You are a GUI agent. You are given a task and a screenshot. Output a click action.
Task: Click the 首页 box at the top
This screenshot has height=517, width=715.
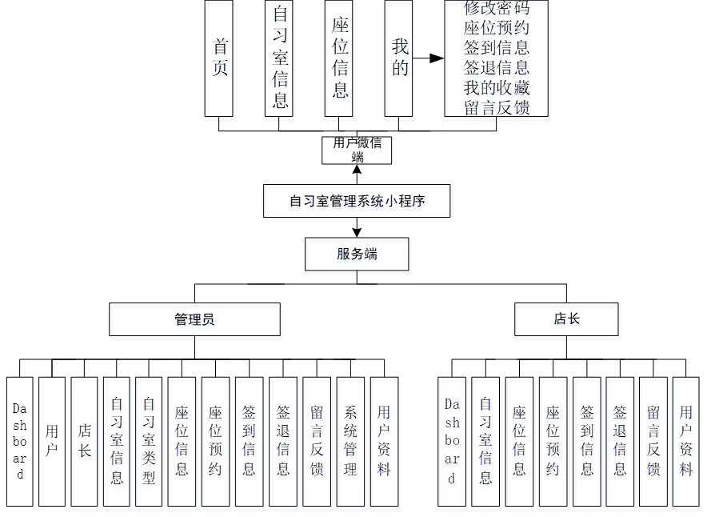(219, 58)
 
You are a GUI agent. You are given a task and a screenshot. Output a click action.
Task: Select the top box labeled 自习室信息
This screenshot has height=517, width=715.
(279, 58)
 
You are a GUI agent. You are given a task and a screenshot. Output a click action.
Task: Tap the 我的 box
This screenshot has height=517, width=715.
(399, 58)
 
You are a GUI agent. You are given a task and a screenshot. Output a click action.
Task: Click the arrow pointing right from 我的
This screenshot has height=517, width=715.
(429, 58)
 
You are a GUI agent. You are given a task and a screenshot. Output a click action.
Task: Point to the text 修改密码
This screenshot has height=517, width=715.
(497, 9)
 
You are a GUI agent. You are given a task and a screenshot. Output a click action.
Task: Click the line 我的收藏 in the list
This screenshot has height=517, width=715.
(497, 87)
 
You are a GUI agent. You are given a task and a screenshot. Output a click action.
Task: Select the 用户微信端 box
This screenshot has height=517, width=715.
(357, 150)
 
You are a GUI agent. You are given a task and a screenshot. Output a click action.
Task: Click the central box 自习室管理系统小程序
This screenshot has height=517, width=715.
(357, 201)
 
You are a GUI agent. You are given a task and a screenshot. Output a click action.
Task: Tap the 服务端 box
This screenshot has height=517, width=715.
(357, 254)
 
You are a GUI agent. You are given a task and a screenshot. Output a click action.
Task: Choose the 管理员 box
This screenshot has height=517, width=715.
(194, 319)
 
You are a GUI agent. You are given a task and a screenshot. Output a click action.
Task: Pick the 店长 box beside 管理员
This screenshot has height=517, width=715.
(566, 319)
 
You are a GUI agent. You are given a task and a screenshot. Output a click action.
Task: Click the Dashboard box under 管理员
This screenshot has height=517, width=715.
(20, 441)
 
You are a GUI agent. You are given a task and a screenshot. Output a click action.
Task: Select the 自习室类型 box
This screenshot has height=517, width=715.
(149, 441)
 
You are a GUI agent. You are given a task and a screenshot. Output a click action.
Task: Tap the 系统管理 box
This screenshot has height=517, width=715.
(350, 441)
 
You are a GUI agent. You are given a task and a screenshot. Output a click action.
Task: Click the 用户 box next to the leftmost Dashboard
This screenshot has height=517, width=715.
(52, 441)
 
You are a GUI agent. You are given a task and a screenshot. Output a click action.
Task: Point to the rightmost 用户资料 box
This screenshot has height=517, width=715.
(685, 441)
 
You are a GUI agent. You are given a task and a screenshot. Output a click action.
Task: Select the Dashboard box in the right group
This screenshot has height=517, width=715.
(452, 441)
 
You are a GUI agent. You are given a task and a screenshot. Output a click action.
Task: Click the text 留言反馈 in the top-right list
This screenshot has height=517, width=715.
(497, 107)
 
